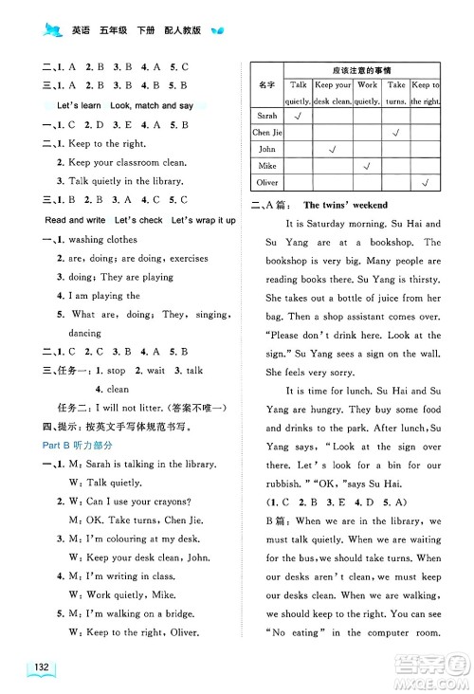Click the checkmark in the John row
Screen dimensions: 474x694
[332, 149]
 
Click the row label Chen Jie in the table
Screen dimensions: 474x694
[267, 132]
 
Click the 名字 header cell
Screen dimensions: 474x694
[266, 84]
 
